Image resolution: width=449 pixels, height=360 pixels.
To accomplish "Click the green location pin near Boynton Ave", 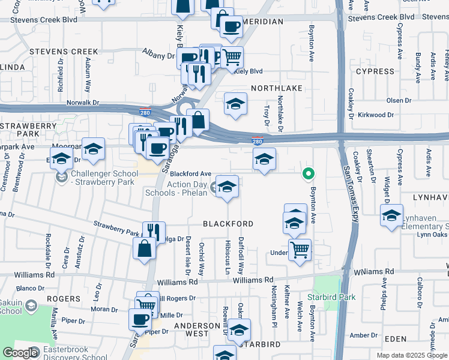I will click(309, 175).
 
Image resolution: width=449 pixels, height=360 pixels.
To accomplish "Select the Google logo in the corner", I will click(20, 352).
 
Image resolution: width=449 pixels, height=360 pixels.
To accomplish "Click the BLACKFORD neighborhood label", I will click(228, 224).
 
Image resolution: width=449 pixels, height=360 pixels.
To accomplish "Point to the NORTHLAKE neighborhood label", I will click(277, 88).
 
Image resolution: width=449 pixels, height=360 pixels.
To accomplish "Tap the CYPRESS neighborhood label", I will click(375, 71).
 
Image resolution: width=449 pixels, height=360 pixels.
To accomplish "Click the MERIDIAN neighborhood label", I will click(263, 22).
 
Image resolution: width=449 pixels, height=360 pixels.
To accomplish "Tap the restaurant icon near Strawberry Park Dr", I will click(154, 232).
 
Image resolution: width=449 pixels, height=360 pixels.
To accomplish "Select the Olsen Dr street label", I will click(399, 100).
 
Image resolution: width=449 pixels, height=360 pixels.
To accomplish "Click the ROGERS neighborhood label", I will click(63, 299).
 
